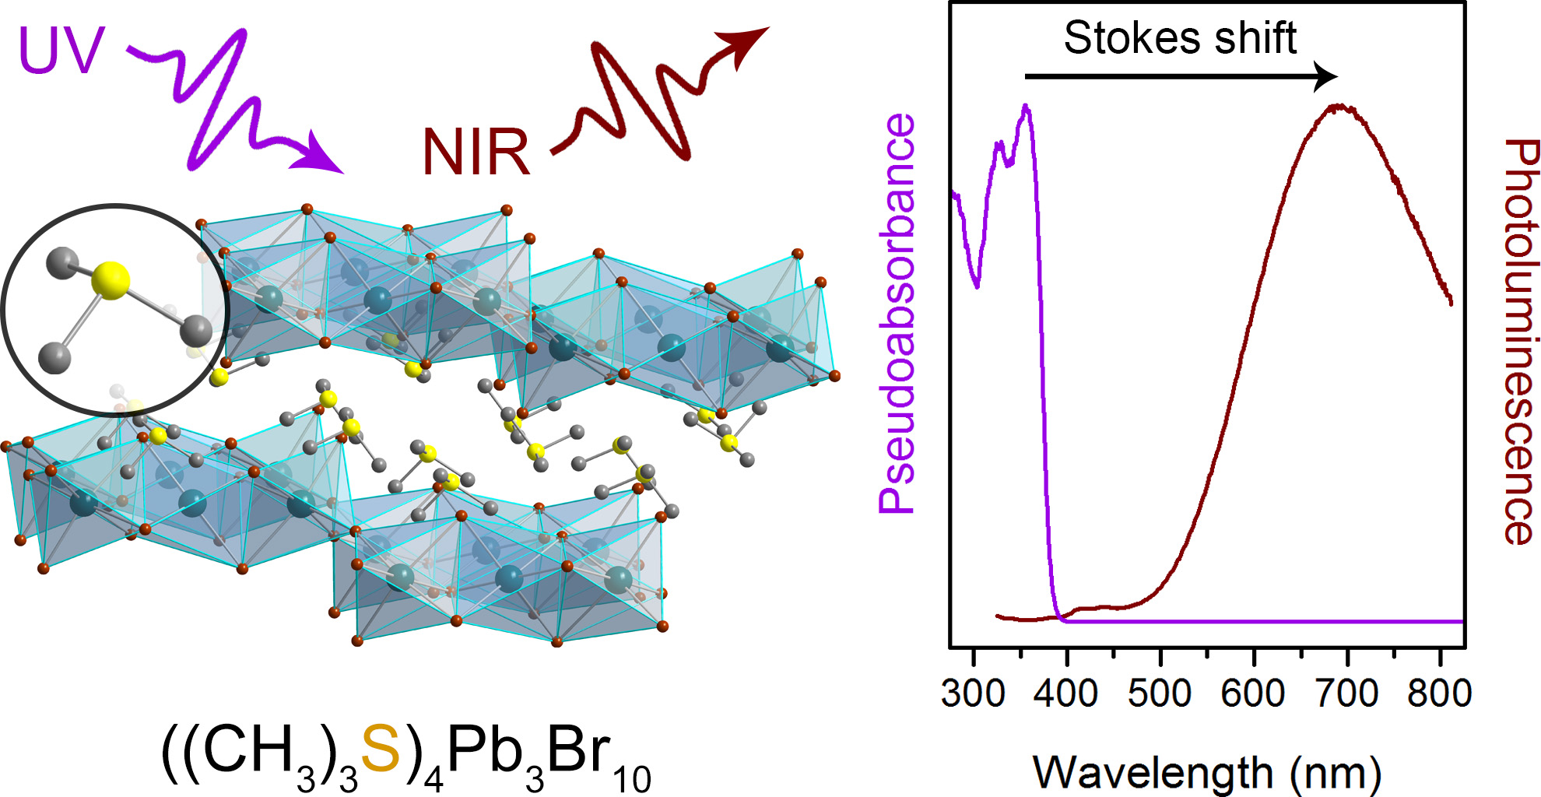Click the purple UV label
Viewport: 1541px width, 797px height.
(x=61, y=51)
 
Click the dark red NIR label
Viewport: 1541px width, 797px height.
(x=476, y=152)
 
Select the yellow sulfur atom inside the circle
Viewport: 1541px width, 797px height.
(x=111, y=280)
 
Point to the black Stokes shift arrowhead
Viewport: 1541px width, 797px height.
(x=1325, y=76)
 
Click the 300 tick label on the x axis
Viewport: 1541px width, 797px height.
(x=973, y=693)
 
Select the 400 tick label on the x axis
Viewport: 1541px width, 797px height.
(x=1066, y=693)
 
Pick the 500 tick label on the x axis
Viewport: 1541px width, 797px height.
(x=1160, y=693)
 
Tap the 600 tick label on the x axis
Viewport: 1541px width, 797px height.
(x=1253, y=693)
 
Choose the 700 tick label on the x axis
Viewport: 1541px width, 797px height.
(x=1347, y=693)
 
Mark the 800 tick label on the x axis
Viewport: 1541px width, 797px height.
(x=1440, y=693)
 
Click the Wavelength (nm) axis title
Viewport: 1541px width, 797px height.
(x=1206, y=773)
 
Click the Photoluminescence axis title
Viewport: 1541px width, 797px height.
(x=1520, y=342)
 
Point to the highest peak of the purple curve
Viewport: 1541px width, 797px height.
(x=1026, y=107)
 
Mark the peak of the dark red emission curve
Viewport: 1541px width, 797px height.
(x=1339, y=107)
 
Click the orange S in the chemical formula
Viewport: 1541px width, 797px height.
(x=381, y=749)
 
